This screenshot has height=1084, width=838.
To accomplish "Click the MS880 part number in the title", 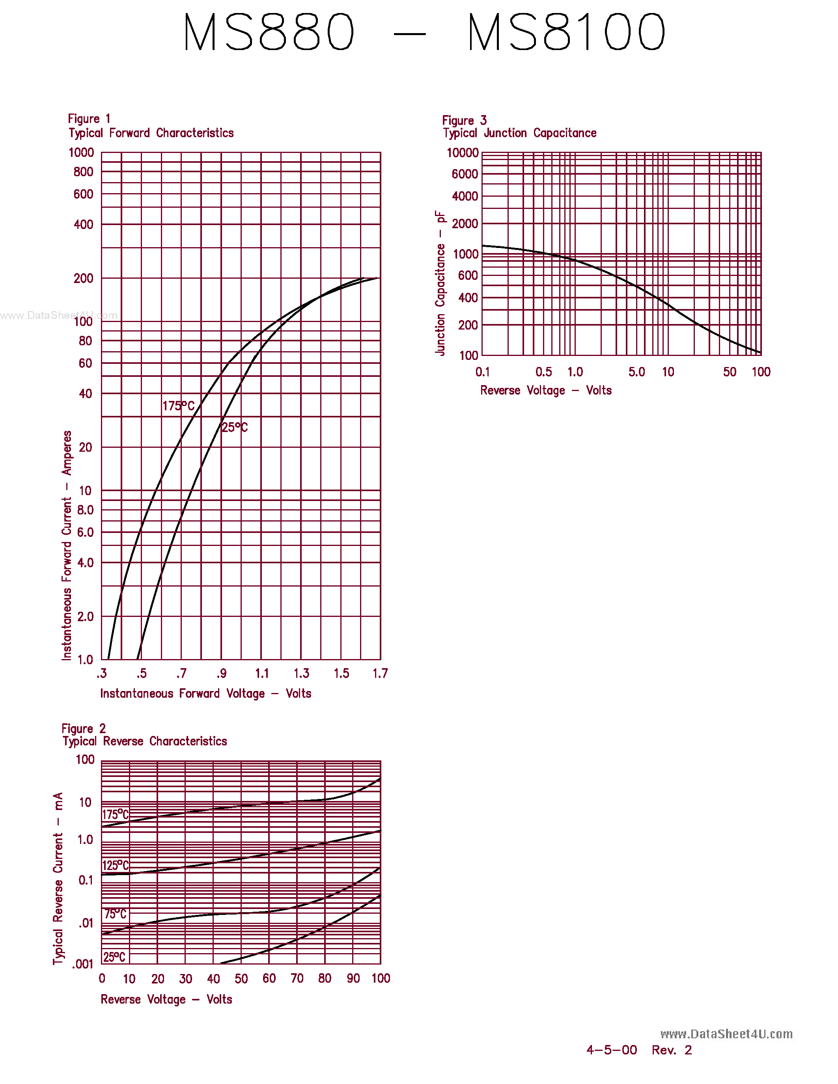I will (269, 32).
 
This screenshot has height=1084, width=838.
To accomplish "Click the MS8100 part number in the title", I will (566, 32).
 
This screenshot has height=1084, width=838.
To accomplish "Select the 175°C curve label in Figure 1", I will (179, 406).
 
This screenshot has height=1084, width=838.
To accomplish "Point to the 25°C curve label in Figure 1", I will (234, 427).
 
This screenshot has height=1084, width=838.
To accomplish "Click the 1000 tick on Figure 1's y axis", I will (81, 153).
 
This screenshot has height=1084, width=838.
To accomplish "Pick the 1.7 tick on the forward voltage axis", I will (380, 674).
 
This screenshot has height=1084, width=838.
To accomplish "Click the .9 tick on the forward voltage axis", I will (221, 674).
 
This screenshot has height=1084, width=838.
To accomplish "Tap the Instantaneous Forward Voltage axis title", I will (205, 694).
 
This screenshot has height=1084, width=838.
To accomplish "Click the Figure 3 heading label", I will (464, 121).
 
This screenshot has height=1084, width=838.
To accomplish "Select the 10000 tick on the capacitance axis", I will (463, 153).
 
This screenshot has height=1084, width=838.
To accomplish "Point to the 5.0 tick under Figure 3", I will (636, 372).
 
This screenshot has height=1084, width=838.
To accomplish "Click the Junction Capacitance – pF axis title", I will (440, 283).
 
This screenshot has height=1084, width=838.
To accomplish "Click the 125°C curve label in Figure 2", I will (116, 866).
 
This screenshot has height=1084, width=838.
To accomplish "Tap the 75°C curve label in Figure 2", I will (116, 914).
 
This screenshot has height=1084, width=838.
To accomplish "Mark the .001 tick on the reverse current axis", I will (83, 965).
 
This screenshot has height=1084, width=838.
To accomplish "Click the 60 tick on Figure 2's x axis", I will (269, 979).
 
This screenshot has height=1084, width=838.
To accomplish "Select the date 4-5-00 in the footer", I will (612, 1050).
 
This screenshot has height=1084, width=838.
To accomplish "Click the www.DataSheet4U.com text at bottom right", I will (726, 1034).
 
